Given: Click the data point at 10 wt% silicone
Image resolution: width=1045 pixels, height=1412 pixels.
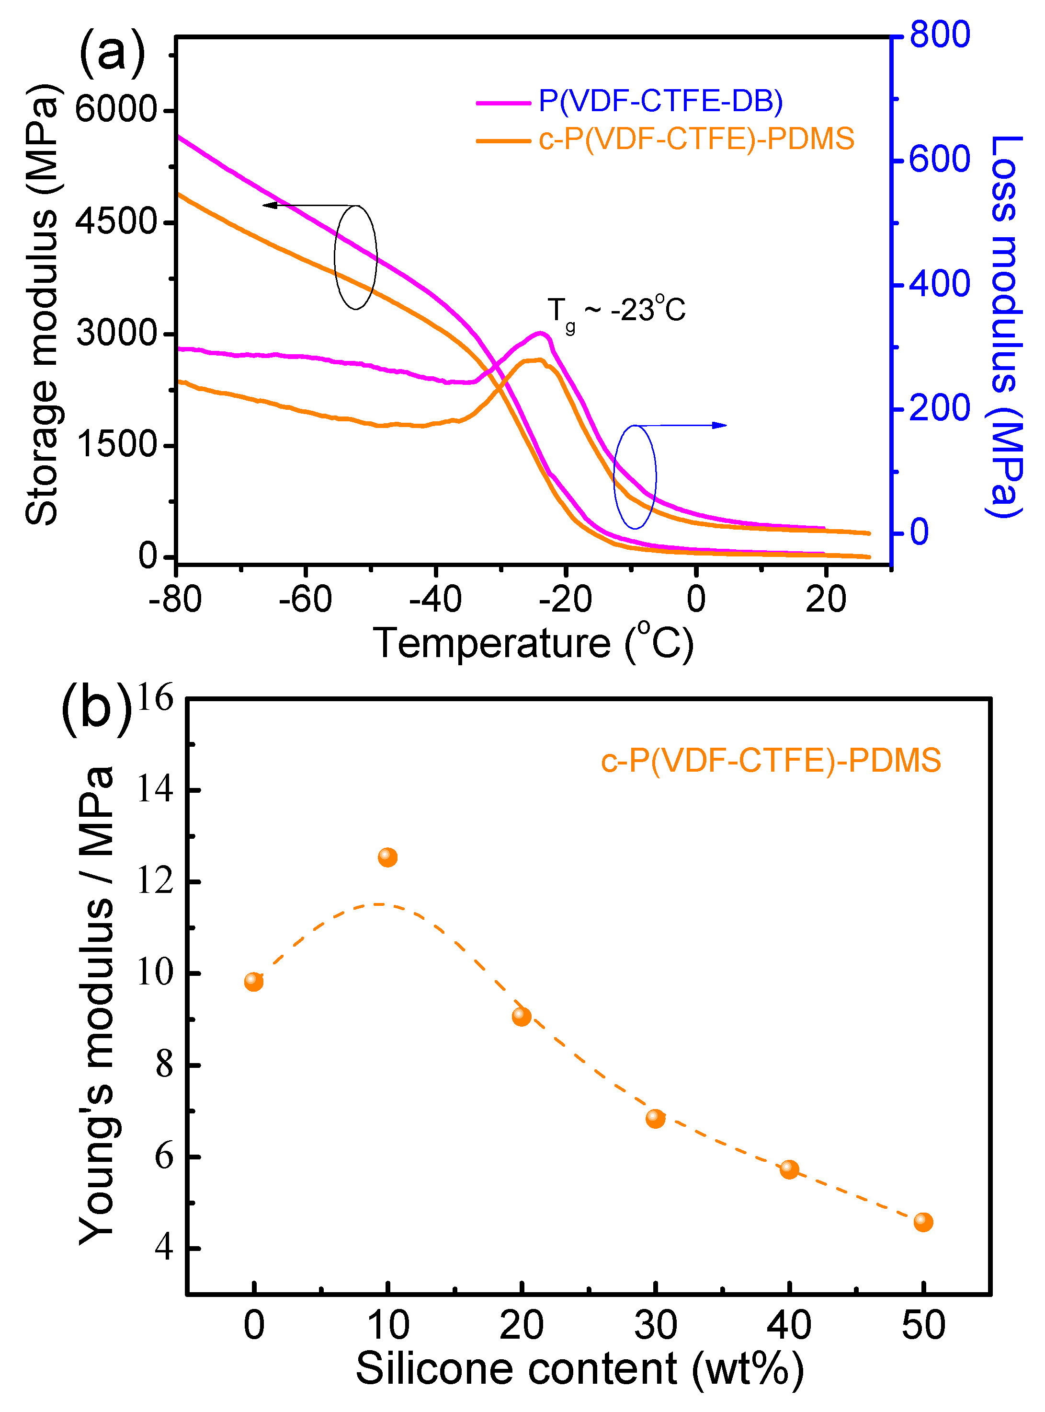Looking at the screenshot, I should (x=387, y=857).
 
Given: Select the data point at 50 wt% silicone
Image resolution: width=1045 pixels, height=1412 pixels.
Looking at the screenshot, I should (x=922, y=1222).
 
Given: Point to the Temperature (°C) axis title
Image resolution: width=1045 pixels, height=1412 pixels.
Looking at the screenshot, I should (x=533, y=644).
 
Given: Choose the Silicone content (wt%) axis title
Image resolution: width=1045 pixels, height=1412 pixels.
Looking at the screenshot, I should (x=579, y=1368).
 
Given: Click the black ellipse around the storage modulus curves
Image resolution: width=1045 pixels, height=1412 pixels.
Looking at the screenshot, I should (x=335, y=257).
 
